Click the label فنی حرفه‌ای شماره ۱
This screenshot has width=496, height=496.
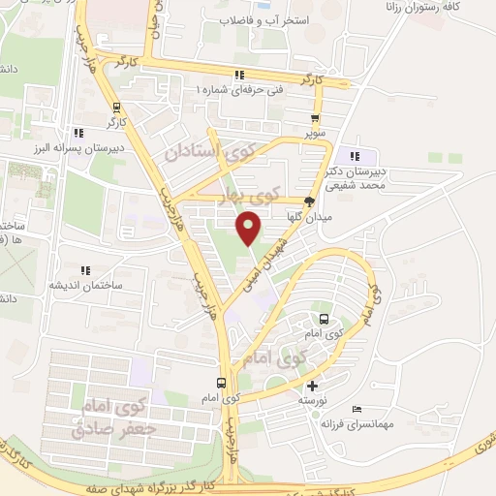coord(240,89)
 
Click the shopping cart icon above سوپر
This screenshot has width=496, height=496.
coord(314,118)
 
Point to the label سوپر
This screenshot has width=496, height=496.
coord(314,131)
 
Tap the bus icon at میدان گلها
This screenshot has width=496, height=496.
coord(309,202)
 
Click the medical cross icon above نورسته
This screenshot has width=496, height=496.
coord(312,386)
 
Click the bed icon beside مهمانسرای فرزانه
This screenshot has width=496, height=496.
coord(357,409)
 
